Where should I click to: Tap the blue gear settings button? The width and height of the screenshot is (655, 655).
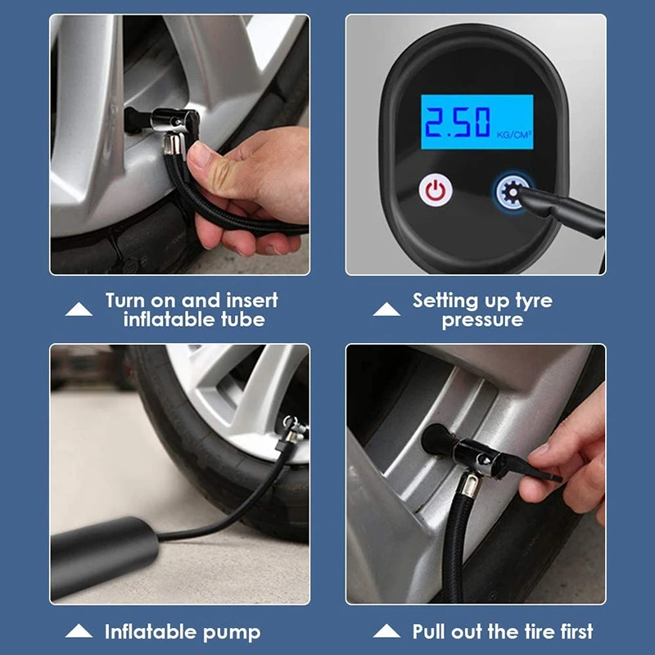509,190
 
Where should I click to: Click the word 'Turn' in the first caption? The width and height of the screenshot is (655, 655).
128,300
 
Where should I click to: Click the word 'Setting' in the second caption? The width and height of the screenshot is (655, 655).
445,300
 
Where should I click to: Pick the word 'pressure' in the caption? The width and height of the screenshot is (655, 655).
482,320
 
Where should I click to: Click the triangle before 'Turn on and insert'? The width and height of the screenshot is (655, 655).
79,309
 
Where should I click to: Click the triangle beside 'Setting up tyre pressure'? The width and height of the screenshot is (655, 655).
386,309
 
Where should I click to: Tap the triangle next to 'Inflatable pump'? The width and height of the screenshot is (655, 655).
79,631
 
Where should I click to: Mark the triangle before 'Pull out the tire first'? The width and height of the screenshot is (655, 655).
386,631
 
